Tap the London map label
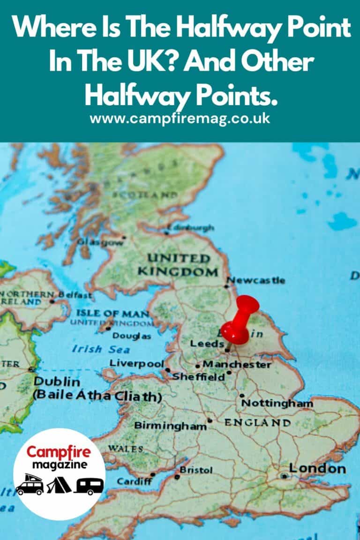coord(317,468)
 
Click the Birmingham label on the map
coord(170,426)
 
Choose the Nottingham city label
coord(277,403)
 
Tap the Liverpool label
coord(136,363)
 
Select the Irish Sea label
coord(95,349)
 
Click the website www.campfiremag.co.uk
coord(180,118)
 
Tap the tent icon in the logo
coord(59,485)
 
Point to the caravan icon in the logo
coord(88,486)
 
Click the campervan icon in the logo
coord(30,485)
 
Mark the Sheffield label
coord(199,377)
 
